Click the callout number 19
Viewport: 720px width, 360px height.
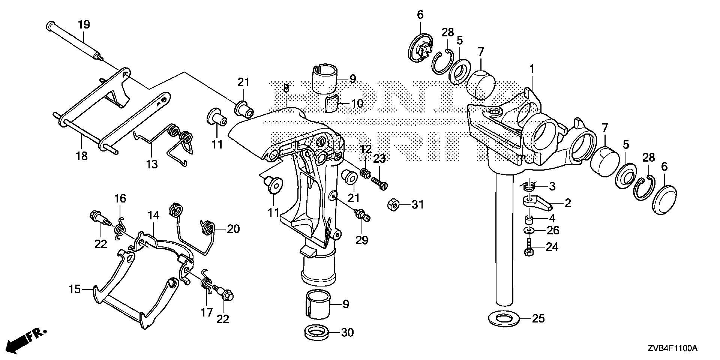[x=84, y=25]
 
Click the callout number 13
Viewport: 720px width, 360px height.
[x=152, y=164]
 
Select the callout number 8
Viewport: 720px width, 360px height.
[x=286, y=89]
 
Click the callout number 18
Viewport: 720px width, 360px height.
[x=81, y=156]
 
